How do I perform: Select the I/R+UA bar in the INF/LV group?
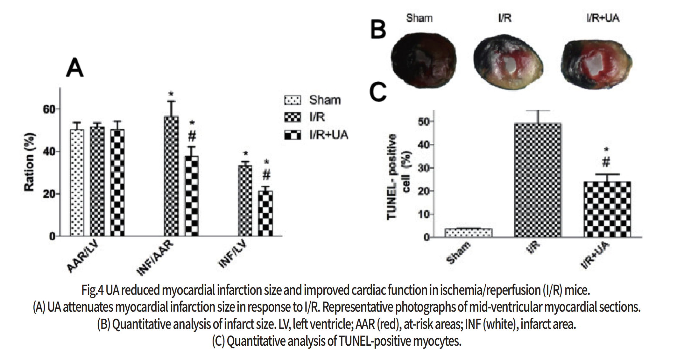[265, 213]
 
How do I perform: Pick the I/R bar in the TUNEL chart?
[538, 180]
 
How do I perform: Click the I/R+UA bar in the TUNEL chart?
[607, 209]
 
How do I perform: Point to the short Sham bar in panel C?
[468, 233]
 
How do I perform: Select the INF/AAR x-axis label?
[155, 258]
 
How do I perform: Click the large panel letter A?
[74, 68]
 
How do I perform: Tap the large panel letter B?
[378, 30]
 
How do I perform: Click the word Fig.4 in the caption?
[92, 290]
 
